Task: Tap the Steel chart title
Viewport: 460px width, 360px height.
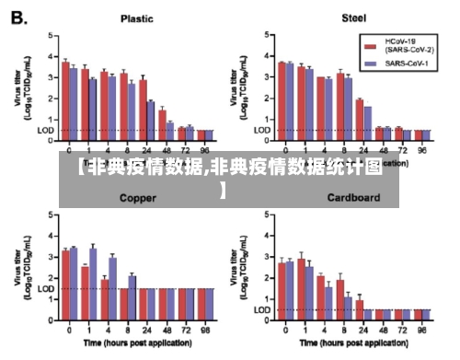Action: pyautogui.click(x=353, y=17)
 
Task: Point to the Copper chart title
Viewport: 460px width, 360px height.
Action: pyautogui.click(x=138, y=197)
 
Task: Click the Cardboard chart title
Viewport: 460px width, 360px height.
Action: pyautogui.click(x=353, y=197)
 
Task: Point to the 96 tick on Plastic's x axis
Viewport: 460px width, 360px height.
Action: pyautogui.click(x=207, y=149)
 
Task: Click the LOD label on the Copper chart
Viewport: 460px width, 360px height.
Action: pyautogui.click(x=46, y=288)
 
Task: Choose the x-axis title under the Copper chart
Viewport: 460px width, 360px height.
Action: pyautogui.click(x=136, y=343)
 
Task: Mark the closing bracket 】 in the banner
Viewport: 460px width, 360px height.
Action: pyautogui.click(x=223, y=190)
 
